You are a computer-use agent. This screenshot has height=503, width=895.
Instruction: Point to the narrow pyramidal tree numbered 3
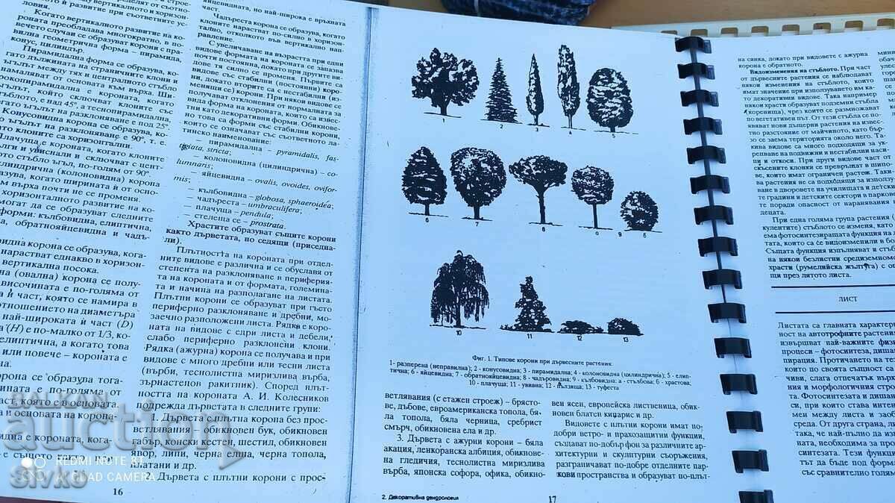pyautogui.click(x=535, y=89)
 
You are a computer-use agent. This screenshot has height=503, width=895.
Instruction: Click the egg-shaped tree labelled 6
pyautogui.click(x=424, y=178)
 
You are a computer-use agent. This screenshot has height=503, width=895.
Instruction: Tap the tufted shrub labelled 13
pyautogui.click(x=624, y=326)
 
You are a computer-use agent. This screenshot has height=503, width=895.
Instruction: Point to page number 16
pyautogui.click(x=118, y=490)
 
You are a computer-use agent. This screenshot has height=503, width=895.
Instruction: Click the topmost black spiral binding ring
pyautogui.click(x=692, y=44)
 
